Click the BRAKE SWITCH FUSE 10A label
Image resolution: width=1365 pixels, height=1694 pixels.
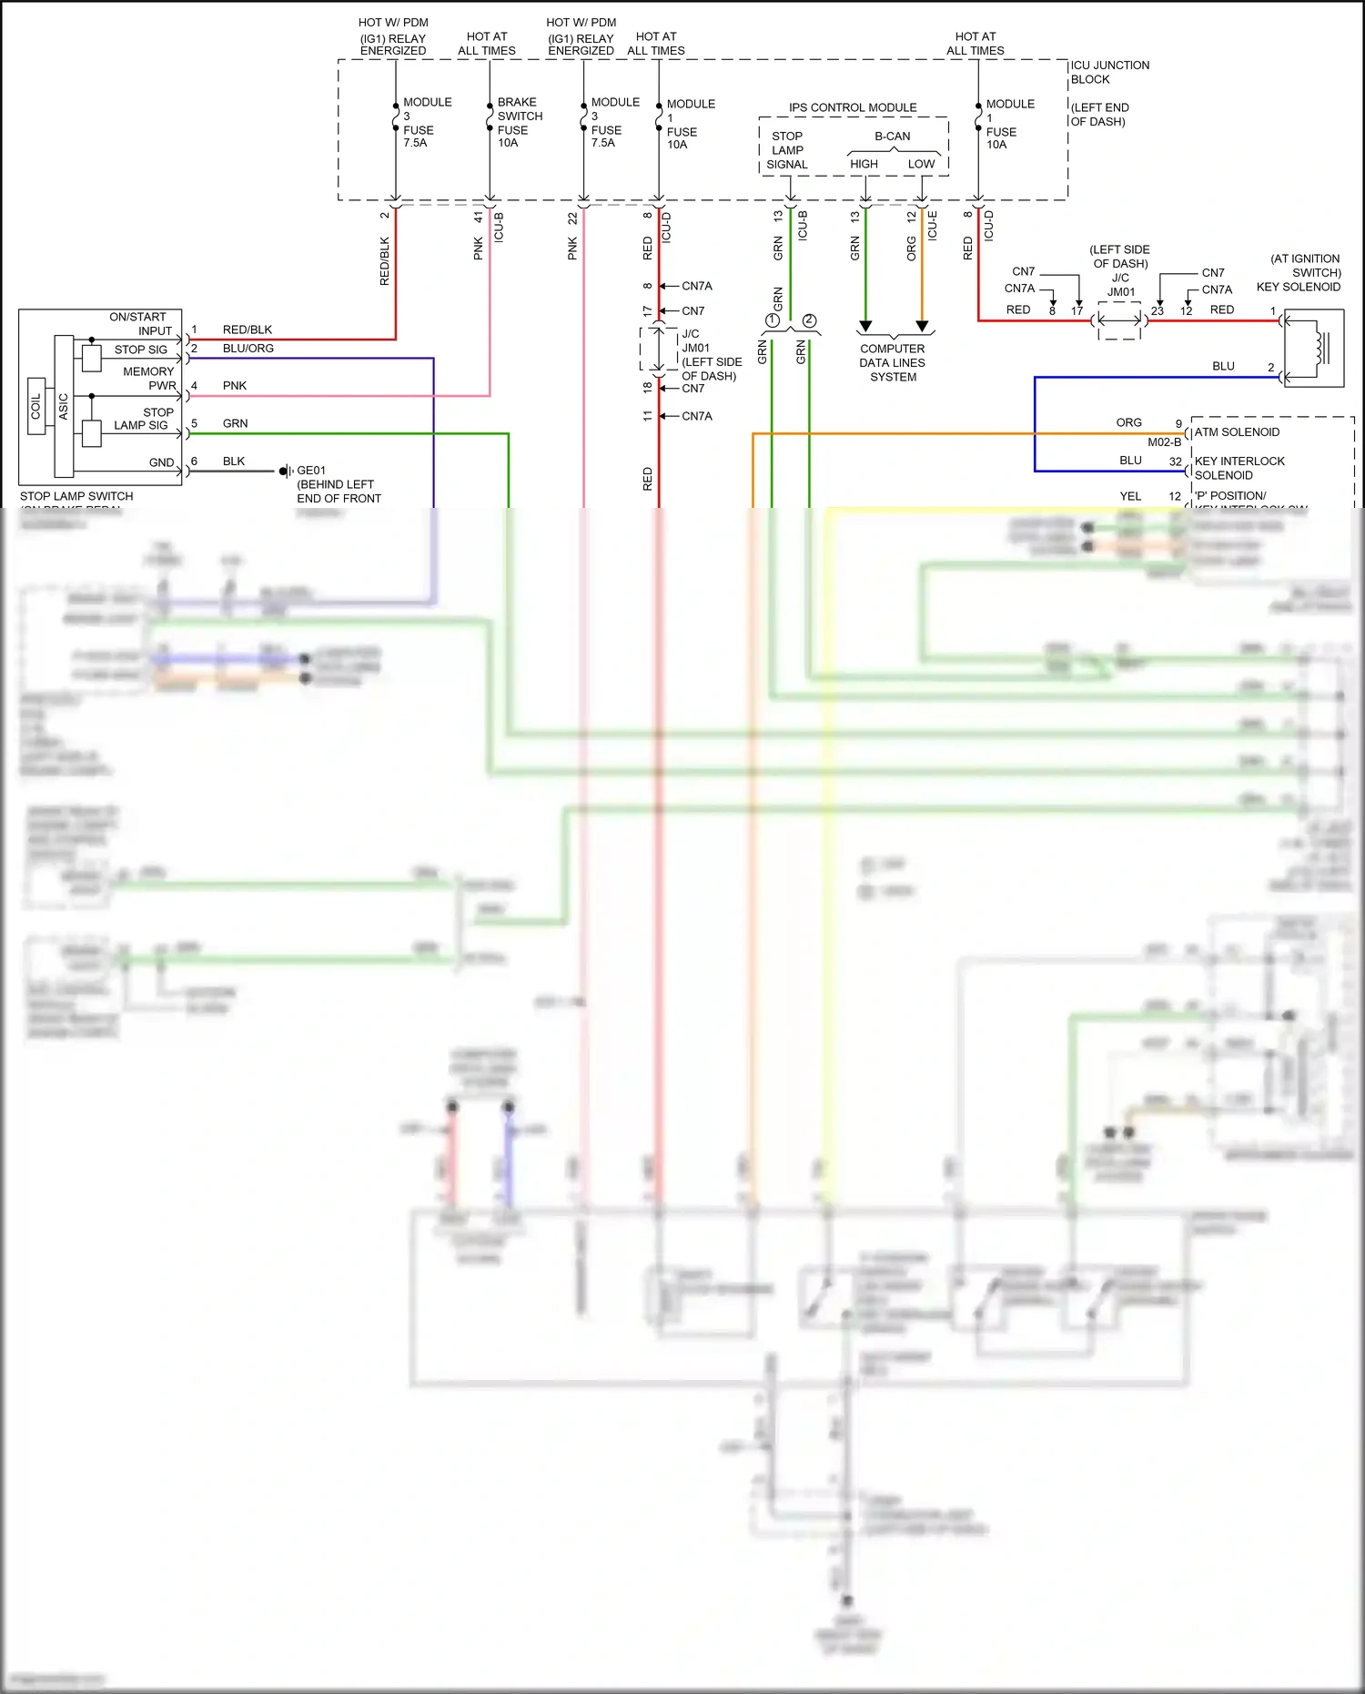[x=519, y=122]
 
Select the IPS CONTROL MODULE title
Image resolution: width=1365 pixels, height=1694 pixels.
[x=853, y=107]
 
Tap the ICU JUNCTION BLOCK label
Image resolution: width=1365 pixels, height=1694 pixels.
[x=1108, y=72]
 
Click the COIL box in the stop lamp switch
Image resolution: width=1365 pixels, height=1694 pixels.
[x=36, y=406]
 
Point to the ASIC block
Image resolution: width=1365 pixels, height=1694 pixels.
[x=64, y=406]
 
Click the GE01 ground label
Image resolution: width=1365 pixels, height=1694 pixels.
[x=311, y=471]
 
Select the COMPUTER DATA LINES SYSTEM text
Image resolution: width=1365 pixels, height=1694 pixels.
[x=892, y=362]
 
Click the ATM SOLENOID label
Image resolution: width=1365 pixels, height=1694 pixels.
[x=1237, y=432]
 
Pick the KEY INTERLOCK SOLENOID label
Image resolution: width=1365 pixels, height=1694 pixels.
[x=1239, y=468]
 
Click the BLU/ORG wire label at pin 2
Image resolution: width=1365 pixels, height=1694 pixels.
[x=248, y=349]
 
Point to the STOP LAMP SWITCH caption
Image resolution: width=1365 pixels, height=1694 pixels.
[x=76, y=496]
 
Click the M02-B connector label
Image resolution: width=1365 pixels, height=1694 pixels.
[x=1164, y=442]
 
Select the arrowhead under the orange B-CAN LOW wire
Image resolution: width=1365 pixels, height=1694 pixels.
[x=922, y=326]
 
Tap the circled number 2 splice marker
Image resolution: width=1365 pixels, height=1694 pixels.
[x=809, y=320]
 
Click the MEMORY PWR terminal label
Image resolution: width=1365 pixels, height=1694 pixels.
[x=149, y=378]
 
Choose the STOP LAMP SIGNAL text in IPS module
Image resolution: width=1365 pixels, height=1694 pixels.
[x=787, y=150]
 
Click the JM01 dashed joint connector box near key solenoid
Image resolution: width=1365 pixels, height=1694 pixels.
[x=1119, y=320]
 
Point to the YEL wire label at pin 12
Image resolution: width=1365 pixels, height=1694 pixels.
[x=1130, y=496]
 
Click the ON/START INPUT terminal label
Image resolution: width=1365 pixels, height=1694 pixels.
[x=140, y=324]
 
